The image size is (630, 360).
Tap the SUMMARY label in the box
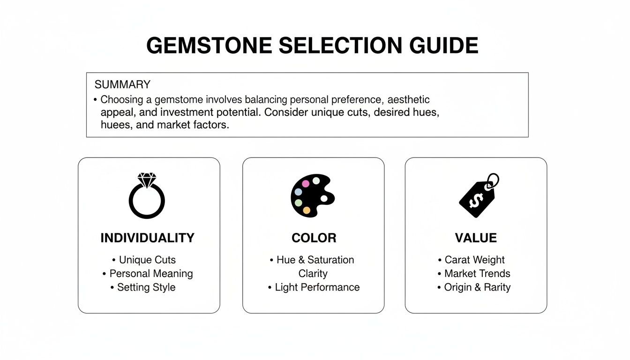[x=122, y=85]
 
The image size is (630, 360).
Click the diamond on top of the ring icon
[x=147, y=180]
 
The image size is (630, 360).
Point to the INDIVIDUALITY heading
[x=147, y=238]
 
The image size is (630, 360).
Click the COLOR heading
[x=314, y=238]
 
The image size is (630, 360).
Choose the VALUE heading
[x=476, y=238]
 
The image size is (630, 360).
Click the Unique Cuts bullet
[x=147, y=260]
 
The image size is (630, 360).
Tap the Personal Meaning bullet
[x=151, y=274]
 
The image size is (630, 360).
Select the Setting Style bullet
[x=146, y=287]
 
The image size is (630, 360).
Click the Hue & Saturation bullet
[x=315, y=260]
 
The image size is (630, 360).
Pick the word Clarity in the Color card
[x=313, y=274]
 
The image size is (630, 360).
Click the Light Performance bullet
[x=317, y=287]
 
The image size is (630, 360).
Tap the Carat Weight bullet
[x=474, y=260]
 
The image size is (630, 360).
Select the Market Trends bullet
[x=477, y=274]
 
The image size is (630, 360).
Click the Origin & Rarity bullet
[x=477, y=287]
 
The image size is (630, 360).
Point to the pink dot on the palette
[x=306, y=184]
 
